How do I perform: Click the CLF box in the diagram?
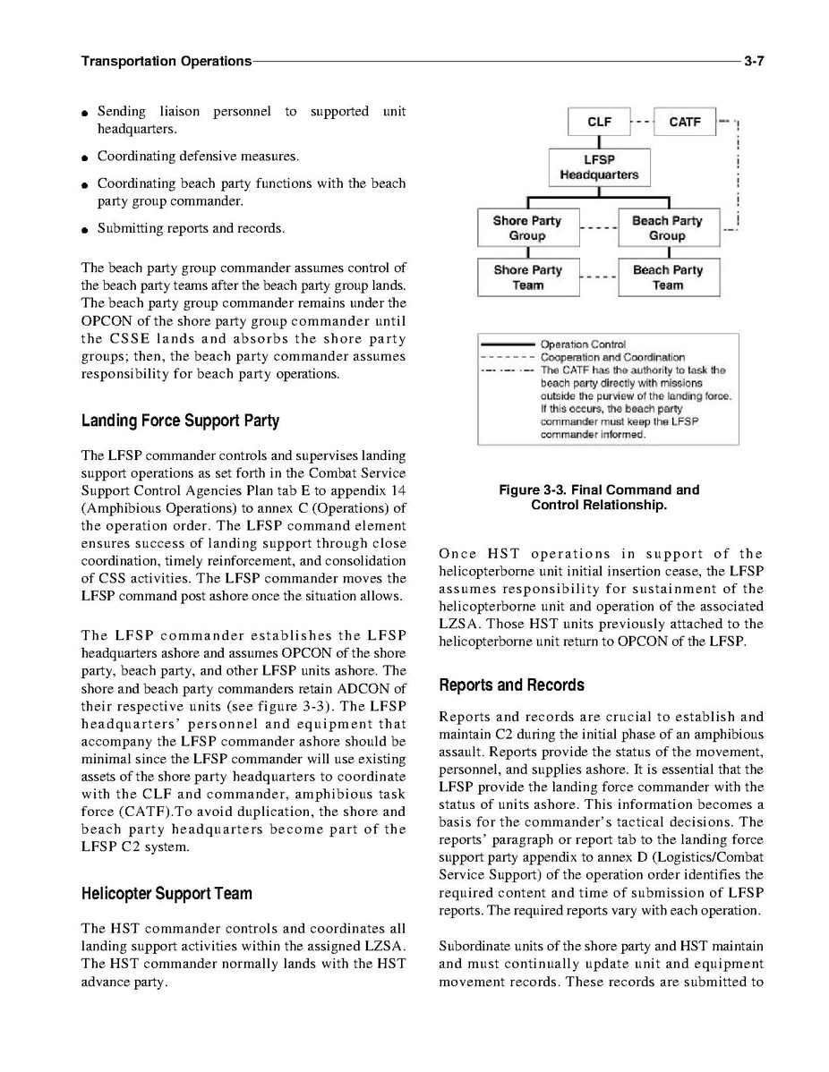599,122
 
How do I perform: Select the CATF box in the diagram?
685,122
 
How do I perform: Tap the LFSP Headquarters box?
599,167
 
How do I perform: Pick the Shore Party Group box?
526,228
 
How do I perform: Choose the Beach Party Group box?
667,228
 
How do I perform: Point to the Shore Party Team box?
527,277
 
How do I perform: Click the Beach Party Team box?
668,277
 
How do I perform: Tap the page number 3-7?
753,61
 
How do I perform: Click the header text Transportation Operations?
166,61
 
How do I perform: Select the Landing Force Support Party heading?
180,420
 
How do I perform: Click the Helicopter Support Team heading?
167,893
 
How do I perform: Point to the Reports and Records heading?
511,685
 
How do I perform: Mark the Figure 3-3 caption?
599,498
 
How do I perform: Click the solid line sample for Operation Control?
509,345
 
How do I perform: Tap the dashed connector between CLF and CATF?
642,122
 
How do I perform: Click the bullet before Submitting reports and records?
83,229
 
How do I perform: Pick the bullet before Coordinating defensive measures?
83,157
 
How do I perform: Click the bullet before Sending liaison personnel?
83,113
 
